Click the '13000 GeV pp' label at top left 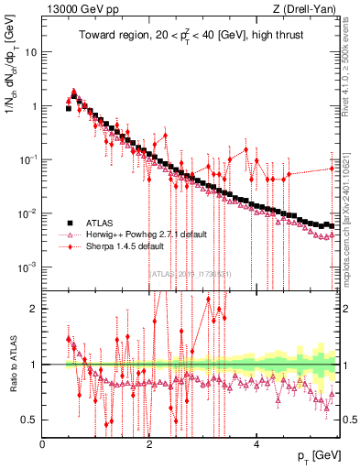[x=81, y=9]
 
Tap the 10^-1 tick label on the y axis [x=28, y=160]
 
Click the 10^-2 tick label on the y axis [x=28, y=214]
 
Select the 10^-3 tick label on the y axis [x=28, y=267]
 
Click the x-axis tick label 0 [x=43, y=444]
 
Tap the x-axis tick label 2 [x=149, y=444]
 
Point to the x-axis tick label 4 [x=256, y=444]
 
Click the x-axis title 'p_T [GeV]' [x=312, y=456]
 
